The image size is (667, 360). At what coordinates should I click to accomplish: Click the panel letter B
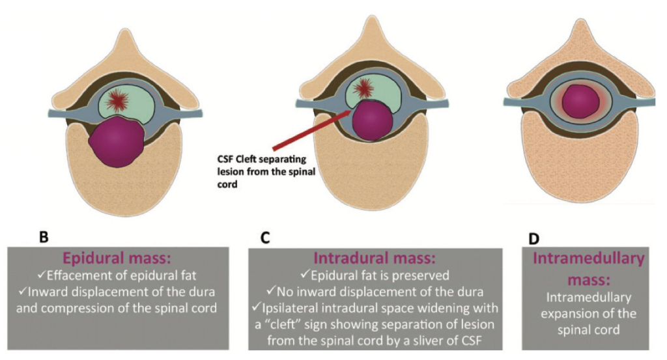pyautogui.click(x=44, y=238)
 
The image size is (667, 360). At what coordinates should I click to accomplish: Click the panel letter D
pyautogui.click(x=534, y=239)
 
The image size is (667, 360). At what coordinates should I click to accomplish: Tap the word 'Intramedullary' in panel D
pyautogui.click(x=588, y=258)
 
